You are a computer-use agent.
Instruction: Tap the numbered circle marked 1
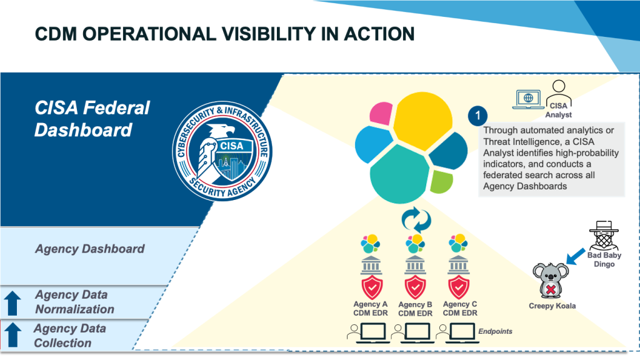[x=477, y=116]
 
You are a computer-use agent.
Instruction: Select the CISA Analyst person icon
[x=558, y=95]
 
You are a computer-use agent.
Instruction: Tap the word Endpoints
[x=495, y=331]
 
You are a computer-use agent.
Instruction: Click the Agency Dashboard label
[x=89, y=249]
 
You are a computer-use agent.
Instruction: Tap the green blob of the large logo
[x=441, y=182]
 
